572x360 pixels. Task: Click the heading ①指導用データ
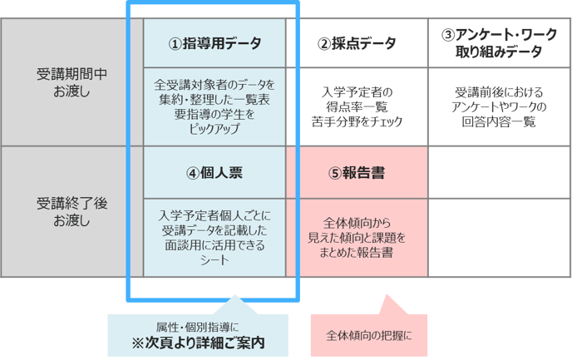point(214,43)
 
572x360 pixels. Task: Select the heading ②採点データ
point(357,43)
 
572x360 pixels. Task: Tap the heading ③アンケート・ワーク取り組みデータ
point(500,43)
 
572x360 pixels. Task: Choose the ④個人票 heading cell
point(214,173)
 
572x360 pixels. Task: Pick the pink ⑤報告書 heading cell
point(357,173)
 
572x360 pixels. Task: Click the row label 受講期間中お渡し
point(71,81)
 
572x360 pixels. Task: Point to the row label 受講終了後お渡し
point(71,211)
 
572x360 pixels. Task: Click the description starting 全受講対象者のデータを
point(214,107)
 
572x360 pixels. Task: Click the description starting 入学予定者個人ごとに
point(214,237)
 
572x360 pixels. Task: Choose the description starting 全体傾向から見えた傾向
point(357,237)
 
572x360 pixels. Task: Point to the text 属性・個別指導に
point(198,325)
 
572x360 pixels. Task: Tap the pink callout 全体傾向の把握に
point(368,336)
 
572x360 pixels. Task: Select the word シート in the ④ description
point(214,260)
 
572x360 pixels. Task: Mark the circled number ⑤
point(334,173)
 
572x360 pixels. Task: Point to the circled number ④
point(192,173)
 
